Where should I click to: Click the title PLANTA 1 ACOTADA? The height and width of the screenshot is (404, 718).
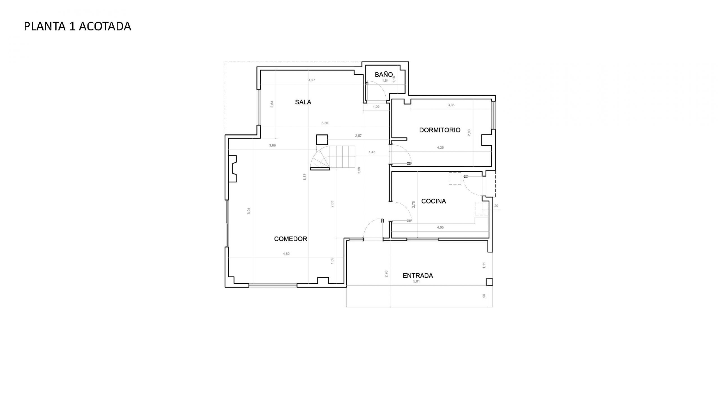pyautogui.click(x=77, y=26)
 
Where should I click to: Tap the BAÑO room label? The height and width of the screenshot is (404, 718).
pyautogui.click(x=384, y=74)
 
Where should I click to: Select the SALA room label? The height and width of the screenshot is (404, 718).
pyautogui.click(x=303, y=102)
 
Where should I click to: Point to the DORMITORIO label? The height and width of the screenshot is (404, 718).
pyautogui.click(x=439, y=130)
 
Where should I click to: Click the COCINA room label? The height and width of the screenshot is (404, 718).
pyautogui.click(x=434, y=201)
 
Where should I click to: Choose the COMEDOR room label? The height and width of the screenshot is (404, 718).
pyautogui.click(x=291, y=239)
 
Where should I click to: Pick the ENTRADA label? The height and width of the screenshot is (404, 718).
pyautogui.click(x=418, y=276)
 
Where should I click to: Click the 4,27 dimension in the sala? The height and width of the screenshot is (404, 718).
pyautogui.click(x=312, y=80)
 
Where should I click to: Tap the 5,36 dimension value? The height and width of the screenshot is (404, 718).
pyautogui.click(x=325, y=123)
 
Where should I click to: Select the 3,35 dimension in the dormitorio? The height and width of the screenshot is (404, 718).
pyautogui.click(x=451, y=105)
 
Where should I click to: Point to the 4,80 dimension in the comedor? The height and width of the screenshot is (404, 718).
pyautogui.click(x=286, y=254)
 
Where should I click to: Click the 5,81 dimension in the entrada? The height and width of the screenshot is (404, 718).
pyautogui.click(x=416, y=281)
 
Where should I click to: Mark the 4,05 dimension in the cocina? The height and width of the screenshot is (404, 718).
pyautogui.click(x=440, y=228)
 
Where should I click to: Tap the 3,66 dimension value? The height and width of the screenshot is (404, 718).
pyautogui.click(x=272, y=145)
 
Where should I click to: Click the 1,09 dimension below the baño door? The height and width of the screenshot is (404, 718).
pyautogui.click(x=376, y=107)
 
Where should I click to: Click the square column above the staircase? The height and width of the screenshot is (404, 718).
pyautogui.click(x=322, y=140)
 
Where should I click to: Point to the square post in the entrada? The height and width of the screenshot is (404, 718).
pyautogui.click(x=489, y=282)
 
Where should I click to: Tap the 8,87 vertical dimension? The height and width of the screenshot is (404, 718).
pyautogui.click(x=305, y=177)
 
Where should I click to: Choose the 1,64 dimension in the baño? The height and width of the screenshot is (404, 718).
pyautogui.click(x=385, y=81)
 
